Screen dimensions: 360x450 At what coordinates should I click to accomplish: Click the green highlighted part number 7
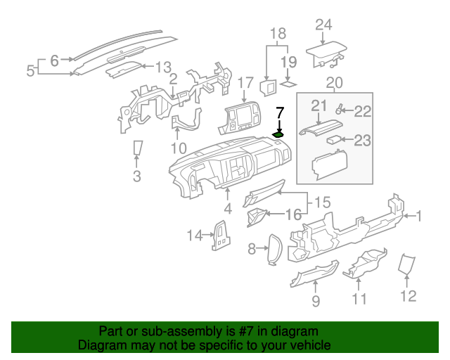tap(279, 134)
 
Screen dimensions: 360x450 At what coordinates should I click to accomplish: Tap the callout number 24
tap(323, 25)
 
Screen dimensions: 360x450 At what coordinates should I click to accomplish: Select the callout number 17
tap(245, 82)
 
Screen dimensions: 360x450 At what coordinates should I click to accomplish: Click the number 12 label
tap(408, 296)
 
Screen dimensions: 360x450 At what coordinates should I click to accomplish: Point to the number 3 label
tap(136, 175)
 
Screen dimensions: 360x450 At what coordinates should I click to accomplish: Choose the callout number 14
tap(194, 235)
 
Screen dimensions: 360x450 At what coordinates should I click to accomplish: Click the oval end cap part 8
tap(273, 250)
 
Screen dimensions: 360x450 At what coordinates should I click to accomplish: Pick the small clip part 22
tap(340, 109)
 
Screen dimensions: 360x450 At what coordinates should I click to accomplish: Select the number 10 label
tap(179, 148)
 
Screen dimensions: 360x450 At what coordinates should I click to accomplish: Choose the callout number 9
tap(316, 301)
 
